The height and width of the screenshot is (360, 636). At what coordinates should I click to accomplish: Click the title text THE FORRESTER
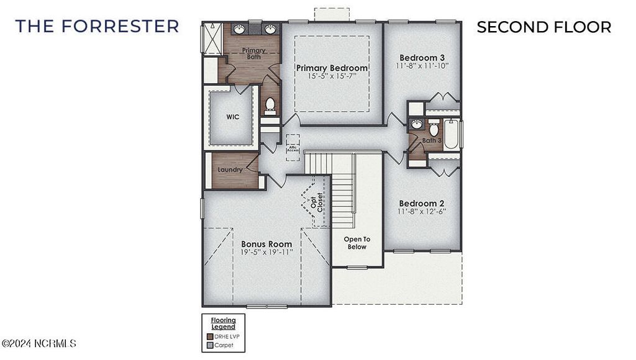[x=97, y=26]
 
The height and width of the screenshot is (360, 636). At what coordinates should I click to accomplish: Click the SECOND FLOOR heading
[x=543, y=27]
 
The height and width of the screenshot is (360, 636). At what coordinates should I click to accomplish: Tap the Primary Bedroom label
[x=332, y=68]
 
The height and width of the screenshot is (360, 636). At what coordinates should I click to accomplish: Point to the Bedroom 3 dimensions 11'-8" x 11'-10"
[x=422, y=65]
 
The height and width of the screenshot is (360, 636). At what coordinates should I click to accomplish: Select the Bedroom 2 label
[x=422, y=204]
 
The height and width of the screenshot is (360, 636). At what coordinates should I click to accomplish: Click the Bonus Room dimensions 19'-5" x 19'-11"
[x=266, y=253]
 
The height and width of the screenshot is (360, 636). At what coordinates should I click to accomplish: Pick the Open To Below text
[x=357, y=243]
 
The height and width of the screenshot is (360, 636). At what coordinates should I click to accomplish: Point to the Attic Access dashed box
[x=293, y=147]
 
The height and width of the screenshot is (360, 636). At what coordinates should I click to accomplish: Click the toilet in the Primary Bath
[x=270, y=106]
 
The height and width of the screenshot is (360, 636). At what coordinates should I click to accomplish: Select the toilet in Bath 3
[x=434, y=129]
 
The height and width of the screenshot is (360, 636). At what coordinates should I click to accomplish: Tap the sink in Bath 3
[x=417, y=124]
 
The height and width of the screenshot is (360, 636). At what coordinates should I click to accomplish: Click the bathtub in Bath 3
[x=452, y=133]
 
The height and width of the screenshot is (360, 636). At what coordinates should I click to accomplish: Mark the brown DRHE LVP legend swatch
[x=209, y=335]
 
